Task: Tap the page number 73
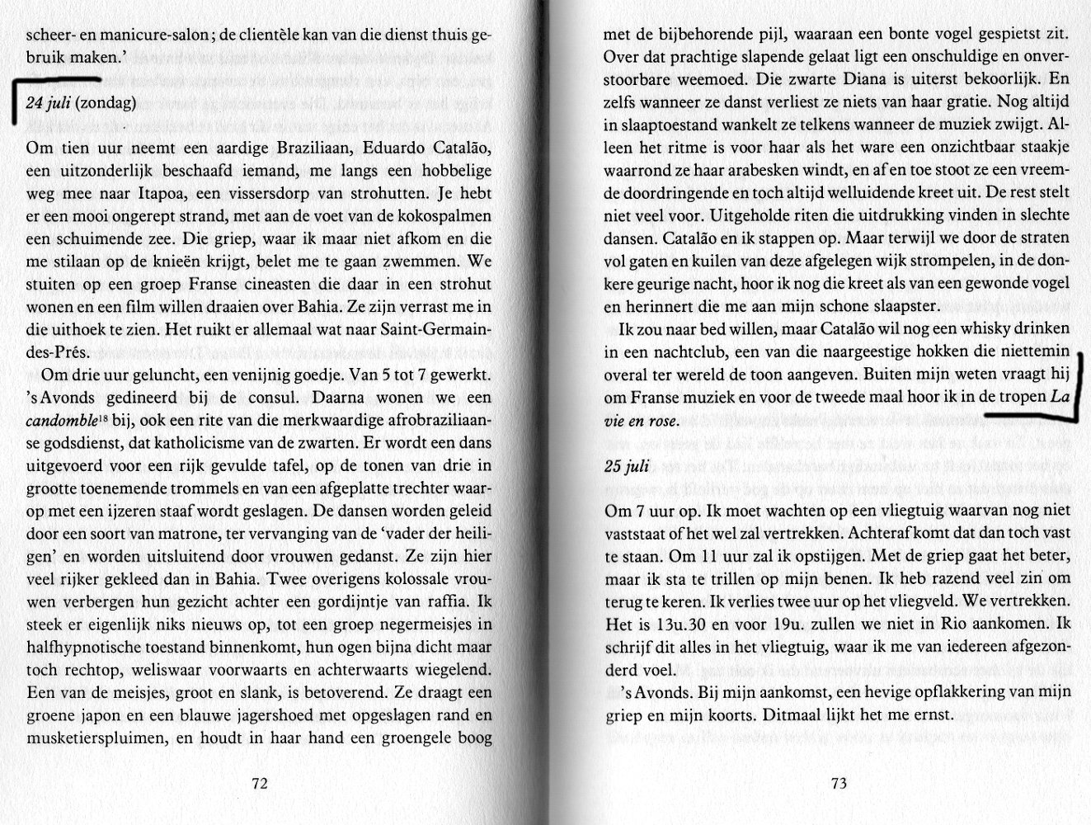(839, 784)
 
